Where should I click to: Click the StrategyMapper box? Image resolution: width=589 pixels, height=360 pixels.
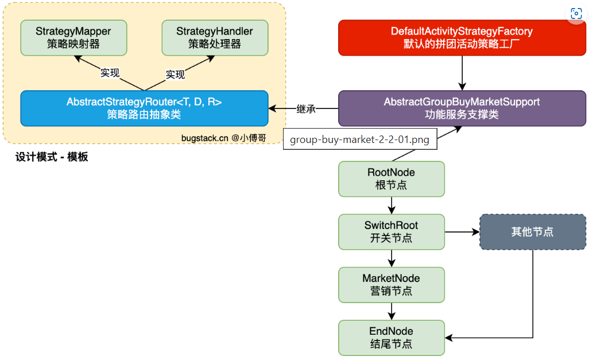coord(73,37)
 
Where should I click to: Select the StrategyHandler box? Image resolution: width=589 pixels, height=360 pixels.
coord(215,37)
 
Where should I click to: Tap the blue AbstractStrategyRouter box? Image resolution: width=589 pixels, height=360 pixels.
coord(144,108)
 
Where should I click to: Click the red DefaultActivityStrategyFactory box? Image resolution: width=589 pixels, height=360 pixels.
coord(462,38)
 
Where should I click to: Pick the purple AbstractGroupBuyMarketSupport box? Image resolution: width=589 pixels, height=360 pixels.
coord(462,108)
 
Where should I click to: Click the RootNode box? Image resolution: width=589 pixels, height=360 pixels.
coord(391,179)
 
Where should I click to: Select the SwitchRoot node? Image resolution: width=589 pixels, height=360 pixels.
coord(391,231)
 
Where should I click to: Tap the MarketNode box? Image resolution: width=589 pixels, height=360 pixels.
coord(391,285)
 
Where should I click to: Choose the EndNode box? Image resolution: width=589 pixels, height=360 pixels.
coord(391,338)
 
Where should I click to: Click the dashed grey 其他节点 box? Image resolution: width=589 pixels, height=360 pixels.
coord(532,232)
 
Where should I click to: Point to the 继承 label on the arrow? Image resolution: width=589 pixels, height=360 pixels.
coord(306,109)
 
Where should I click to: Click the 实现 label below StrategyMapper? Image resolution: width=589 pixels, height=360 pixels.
coord(110,73)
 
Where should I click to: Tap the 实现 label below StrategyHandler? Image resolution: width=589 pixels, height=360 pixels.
coord(175,74)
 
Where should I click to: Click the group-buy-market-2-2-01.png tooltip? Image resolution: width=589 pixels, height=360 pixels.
coord(359,139)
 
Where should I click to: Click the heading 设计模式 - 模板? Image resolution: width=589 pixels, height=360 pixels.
coord(52,157)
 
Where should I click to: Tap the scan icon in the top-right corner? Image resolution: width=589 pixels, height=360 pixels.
coord(576,14)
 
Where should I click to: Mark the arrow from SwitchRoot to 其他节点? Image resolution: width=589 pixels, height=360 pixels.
coord(462,232)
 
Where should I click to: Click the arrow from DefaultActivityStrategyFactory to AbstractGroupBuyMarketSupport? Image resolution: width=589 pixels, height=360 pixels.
coord(462,73)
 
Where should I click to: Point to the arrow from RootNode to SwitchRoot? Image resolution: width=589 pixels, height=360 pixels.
coord(391,205)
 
